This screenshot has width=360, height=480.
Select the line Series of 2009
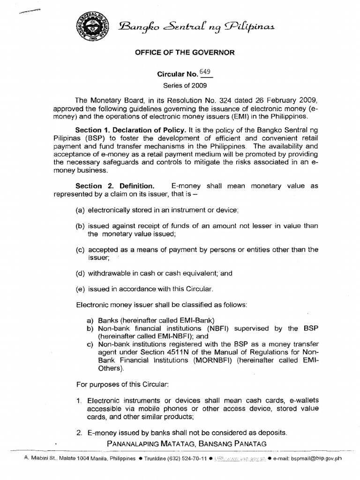pos(180,85)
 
